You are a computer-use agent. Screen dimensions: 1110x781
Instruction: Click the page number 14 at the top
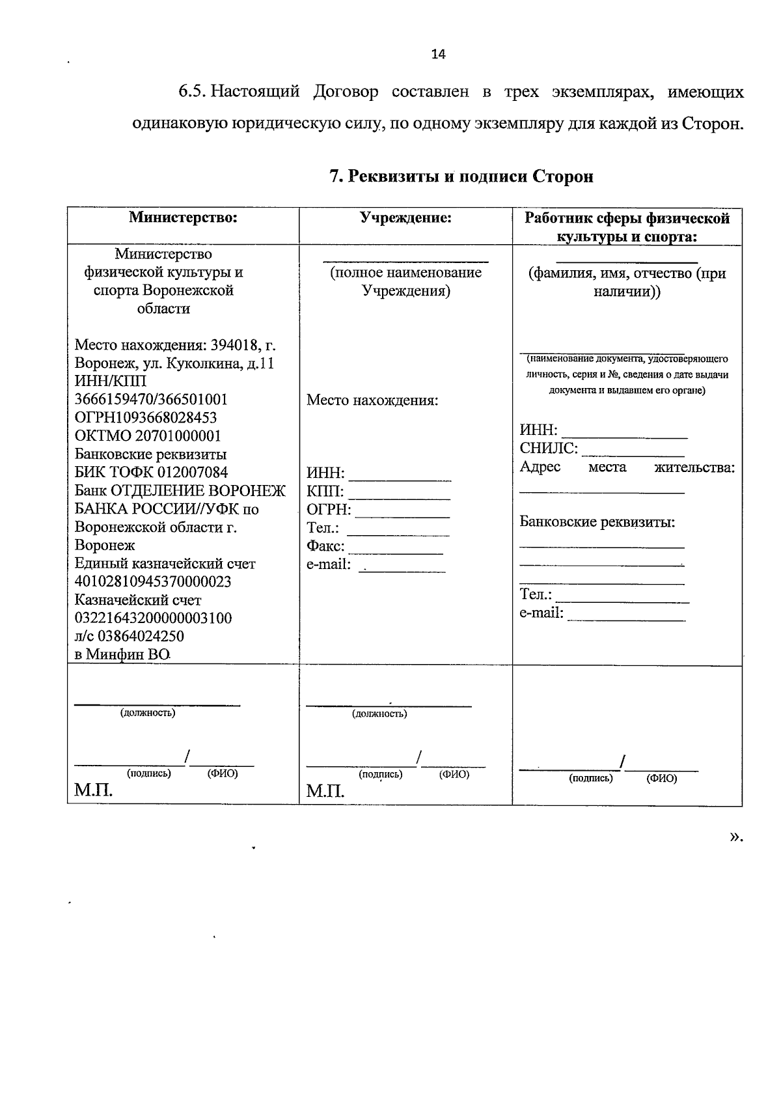click(x=438, y=54)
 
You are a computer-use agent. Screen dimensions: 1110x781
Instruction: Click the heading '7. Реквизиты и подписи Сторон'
click(x=461, y=176)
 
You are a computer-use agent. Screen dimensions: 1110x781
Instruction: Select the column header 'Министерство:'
click(x=183, y=217)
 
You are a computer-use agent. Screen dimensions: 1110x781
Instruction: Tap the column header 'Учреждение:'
click(x=406, y=217)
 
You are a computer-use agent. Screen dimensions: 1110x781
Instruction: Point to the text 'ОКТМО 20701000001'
click(x=148, y=436)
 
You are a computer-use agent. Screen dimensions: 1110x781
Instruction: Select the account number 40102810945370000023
click(x=153, y=581)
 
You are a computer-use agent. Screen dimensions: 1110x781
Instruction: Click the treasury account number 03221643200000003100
click(x=153, y=618)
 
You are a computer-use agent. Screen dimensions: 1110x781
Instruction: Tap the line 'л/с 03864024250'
click(x=130, y=636)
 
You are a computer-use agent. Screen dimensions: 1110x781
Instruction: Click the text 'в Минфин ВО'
click(x=122, y=654)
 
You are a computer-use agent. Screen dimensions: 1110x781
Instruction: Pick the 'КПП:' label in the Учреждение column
click(x=325, y=491)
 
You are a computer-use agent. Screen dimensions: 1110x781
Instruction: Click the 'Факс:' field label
click(x=325, y=546)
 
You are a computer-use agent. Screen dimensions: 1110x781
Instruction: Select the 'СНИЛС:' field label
click(x=548, y=448)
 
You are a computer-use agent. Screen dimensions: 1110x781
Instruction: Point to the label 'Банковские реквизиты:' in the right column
click(x=597, y=521)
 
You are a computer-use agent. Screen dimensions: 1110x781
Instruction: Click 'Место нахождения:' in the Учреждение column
click(x=372, y=400)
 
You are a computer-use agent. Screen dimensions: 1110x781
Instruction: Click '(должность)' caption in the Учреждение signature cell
click(x=379, y=714)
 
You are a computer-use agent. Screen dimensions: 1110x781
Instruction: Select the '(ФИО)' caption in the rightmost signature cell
click(x=661, y=779)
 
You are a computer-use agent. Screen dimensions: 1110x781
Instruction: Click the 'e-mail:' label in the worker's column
click(x=541, y=613)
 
